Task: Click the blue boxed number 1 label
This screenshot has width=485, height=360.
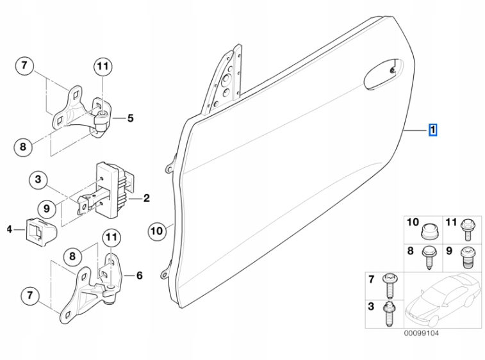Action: click(433, 131)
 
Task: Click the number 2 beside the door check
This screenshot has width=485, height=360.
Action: click(146, 199)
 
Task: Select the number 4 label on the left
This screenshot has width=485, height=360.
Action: click(9, 229)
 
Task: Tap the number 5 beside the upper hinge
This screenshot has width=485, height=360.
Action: click(130, 118)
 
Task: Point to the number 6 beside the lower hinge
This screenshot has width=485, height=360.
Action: click(139, 276)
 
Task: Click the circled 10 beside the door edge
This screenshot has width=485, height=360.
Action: click(157, 230)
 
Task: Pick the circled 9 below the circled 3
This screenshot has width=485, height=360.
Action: click(46, 208)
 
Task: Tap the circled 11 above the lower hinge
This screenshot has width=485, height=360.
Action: click(112, 238)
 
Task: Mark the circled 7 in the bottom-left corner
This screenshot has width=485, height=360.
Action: click(29, 296)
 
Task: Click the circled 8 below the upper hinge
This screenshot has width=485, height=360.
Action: click(22, 147)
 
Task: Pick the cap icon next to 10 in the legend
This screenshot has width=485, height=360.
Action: click(429, 227)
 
